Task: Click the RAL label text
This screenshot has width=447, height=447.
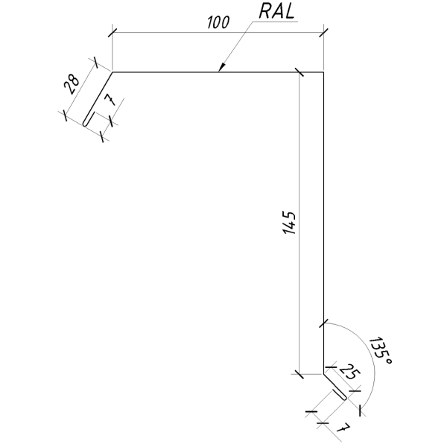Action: [x=276, y=12]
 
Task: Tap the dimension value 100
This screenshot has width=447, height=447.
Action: [x=218, y=22]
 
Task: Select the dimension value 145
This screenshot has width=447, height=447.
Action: [x=290, y=223]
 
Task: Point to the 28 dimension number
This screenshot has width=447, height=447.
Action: [x=72, y=84]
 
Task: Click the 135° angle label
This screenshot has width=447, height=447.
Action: [x=380, y=352]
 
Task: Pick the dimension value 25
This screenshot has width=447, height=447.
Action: [x=350, y=372]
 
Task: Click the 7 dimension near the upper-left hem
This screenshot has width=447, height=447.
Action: [x=110, y=100]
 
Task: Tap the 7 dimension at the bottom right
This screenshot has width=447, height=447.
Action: [x=343, y=428]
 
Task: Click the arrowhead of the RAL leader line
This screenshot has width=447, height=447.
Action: [x=221, y=68]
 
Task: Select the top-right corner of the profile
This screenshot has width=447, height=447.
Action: [x=323, y=72]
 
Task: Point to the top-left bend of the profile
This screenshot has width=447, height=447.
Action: [x=112, y=72]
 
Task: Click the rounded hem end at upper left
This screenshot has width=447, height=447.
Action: [x=85, y=124]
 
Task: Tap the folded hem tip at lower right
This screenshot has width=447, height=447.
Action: [x=345, y=399]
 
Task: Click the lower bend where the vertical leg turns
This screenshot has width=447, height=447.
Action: [x=323, y=374]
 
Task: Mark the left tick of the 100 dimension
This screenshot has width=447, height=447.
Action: [x=112, y=33]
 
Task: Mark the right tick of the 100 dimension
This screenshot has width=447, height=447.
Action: [x=323, y=33]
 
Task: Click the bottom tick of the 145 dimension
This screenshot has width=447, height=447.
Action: [x=299, y=374]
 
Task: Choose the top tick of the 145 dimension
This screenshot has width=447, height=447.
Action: [x=299, y=72]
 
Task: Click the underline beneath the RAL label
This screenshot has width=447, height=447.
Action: [x=276, y=22]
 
